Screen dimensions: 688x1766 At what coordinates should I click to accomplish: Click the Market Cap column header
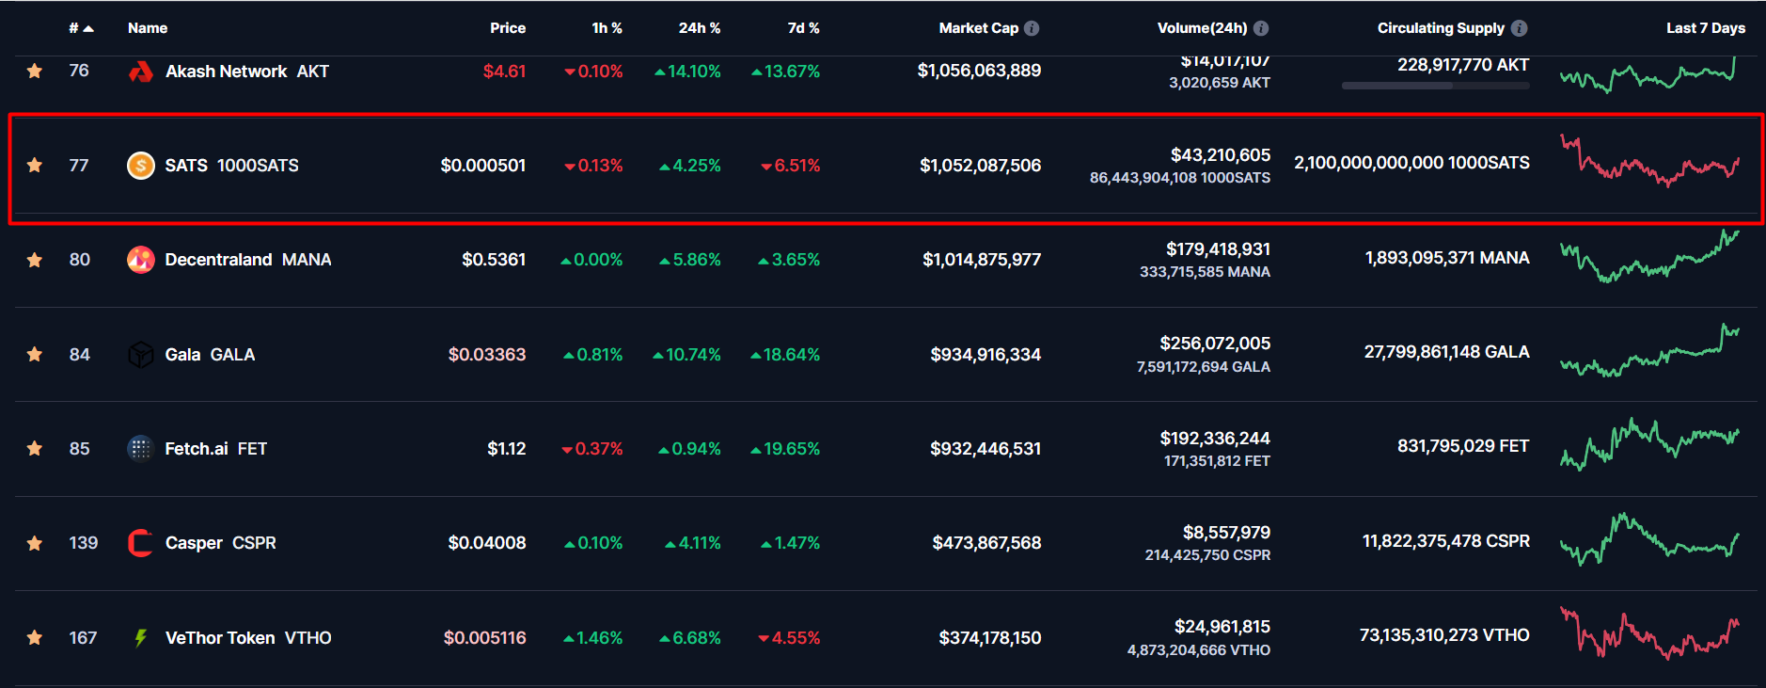(x=978, y=28)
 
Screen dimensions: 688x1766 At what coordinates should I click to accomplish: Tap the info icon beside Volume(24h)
(x=1261, y=28)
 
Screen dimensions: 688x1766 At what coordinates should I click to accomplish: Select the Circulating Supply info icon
(x=1519, y=28)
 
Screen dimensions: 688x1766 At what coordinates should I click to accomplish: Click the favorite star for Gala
(x=35, y=354)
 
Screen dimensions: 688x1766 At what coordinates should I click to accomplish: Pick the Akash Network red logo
(x=141, y=72)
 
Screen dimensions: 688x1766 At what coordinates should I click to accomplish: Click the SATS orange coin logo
(x=141, y=166)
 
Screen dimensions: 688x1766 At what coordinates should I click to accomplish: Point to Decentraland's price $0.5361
(x=494, y=260)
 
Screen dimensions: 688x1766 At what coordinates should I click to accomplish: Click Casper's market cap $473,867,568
(x=986, y=543)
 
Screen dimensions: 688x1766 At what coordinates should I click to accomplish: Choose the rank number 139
(x=83, y=543)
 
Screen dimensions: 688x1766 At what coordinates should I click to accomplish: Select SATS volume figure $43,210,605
(x=1220, y=155)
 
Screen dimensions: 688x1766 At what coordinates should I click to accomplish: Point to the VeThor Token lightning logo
(x=141, y=638)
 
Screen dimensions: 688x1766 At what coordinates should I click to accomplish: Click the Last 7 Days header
(x=1705, y=28)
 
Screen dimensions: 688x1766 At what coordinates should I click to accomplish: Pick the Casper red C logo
(x=141, y=543)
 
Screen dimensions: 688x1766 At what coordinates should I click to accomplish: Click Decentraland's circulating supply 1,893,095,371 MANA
(x=1446, y=258)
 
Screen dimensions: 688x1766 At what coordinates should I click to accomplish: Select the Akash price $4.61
(x=504, y=72)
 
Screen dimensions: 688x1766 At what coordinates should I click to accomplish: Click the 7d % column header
(x=803, y=28)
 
